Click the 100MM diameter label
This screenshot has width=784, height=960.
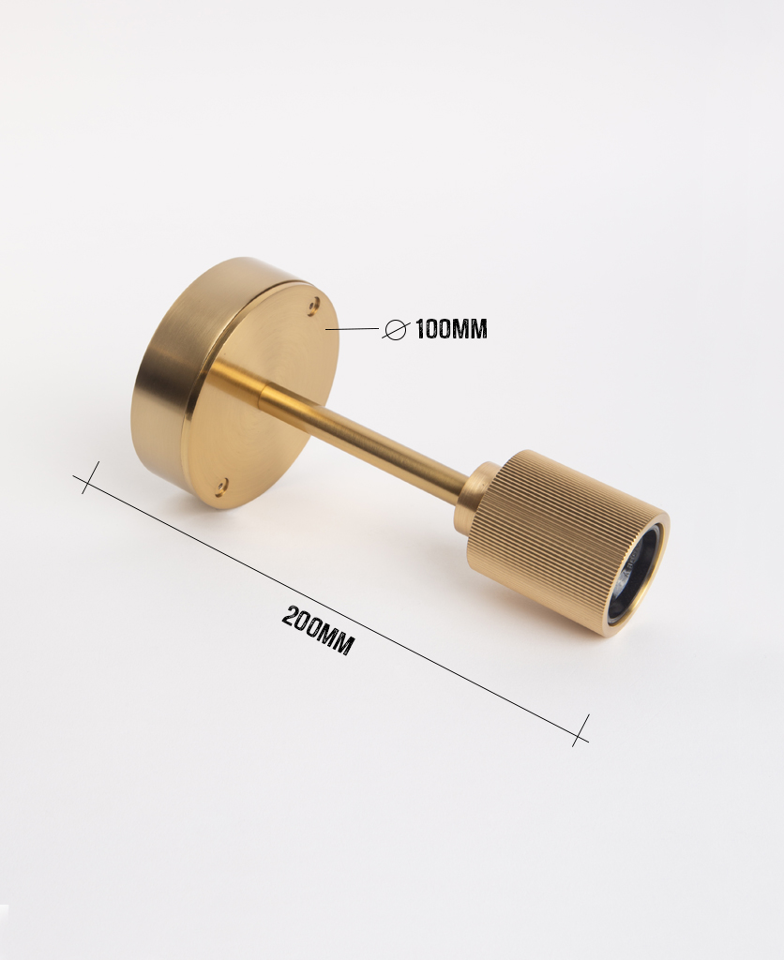[x=451, y=329]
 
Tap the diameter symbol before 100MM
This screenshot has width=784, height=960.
[x=395, y=330]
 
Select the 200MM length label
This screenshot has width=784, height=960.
[x=318, y=630]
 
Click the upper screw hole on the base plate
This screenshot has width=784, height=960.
[x=315, y=303]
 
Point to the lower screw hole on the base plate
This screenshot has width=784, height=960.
[x=221, y=487]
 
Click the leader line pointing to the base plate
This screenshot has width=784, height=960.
[x=353, y=329]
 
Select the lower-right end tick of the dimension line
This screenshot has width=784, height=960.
[x=581, y=730]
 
